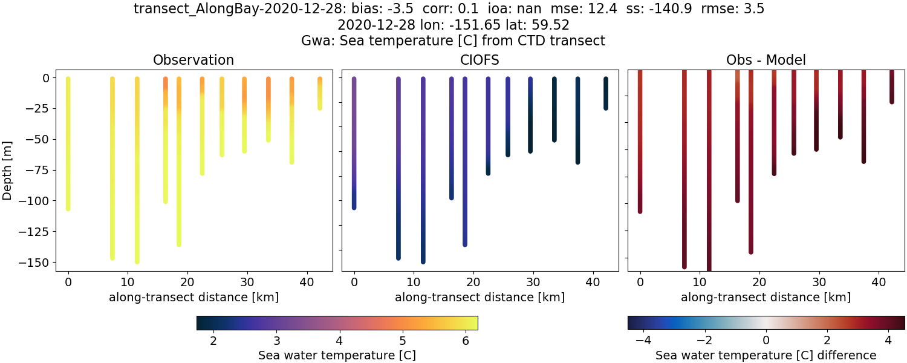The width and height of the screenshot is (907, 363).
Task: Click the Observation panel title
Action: tap(193, 60)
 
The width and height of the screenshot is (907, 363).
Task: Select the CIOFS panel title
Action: tap(480, 60)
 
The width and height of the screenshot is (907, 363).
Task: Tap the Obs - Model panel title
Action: tap(766, 60)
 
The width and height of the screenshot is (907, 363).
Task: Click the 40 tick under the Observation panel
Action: tap(307, 282)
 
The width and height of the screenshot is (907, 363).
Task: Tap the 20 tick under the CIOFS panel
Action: tap(473, 282)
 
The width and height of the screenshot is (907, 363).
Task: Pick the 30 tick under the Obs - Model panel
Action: tap(819, 282)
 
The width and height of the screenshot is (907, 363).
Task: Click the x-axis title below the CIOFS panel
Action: tap(480, 297)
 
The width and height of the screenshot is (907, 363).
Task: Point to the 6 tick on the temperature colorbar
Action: tap(466, 341)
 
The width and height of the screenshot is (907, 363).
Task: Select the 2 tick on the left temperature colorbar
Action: tap(213, 341)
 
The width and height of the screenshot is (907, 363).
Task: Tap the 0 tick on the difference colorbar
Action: tap(766, 341)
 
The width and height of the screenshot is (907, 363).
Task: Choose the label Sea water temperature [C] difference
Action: tap(766, 355)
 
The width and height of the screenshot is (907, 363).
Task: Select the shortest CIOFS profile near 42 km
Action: tap(605, 93)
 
